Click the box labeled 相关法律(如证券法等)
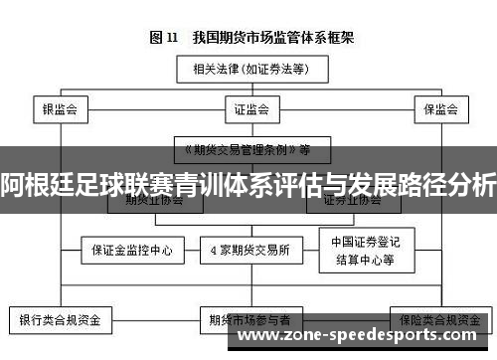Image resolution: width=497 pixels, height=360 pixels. (249, 70)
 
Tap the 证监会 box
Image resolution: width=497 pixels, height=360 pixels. (249, 107)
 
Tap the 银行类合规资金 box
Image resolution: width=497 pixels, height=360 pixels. (61, 321)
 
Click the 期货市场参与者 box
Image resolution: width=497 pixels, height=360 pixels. (249, 321)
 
